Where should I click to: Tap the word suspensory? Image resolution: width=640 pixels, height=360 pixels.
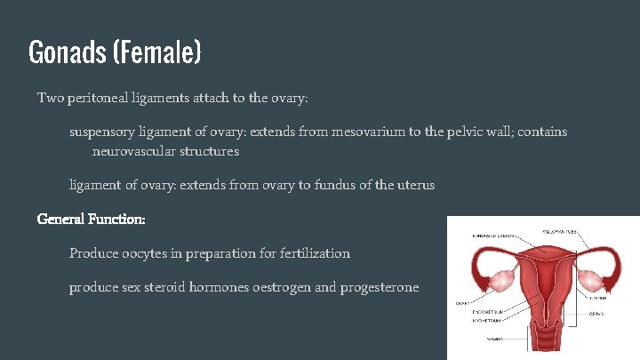coord(102,132)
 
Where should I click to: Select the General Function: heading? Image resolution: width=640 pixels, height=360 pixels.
coord(91,218)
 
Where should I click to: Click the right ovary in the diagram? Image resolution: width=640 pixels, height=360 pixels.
coord(591,280)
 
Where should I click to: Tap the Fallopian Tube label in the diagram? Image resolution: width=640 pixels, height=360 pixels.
coord(557,233)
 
